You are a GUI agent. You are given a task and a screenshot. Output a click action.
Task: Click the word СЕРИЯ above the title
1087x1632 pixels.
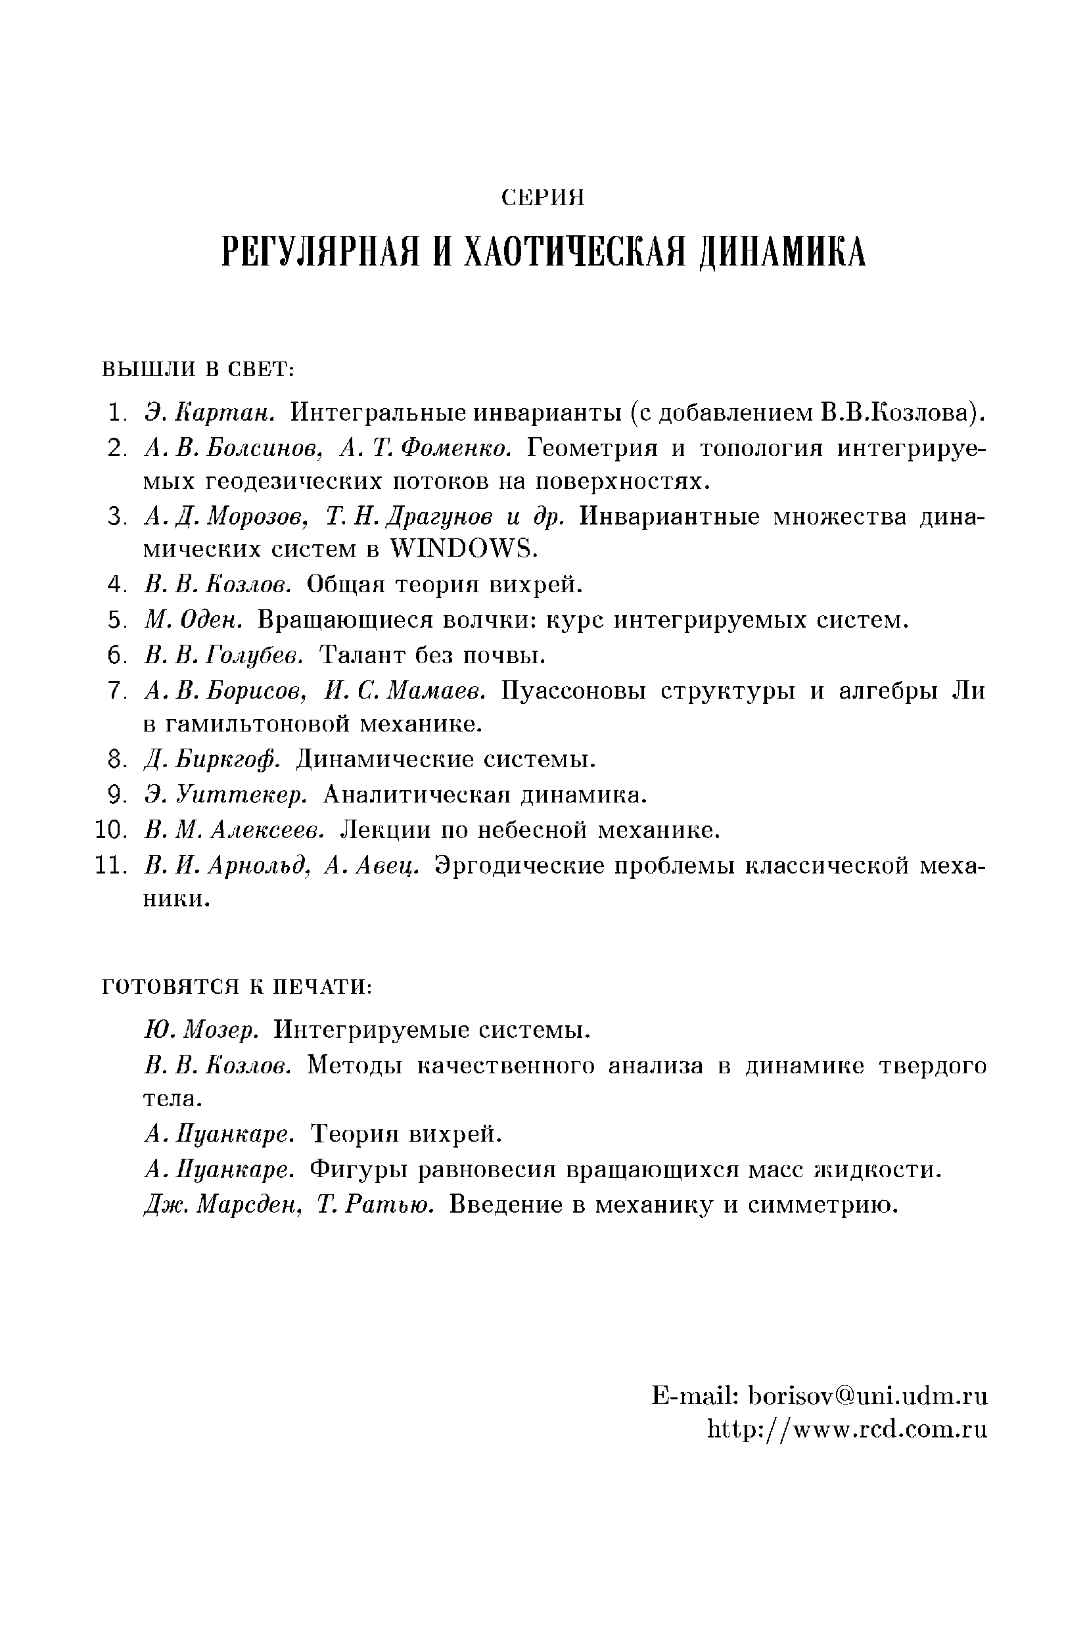pyautogui.click(x=543, y=198)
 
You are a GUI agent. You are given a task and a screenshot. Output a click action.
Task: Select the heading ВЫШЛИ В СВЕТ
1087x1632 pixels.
pyautogui.click(x=199, y=369)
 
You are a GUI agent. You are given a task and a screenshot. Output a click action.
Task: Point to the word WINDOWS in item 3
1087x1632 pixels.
pyautogui.click(x=463, y=549)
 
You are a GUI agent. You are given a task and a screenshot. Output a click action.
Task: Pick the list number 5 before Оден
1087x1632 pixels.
pyautogui.click(x=115, y=620)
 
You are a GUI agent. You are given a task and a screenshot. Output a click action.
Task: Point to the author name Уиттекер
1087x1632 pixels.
pyautogui.click(x=241, y=794)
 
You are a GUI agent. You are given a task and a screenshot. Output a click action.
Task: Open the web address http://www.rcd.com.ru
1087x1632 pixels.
pyautogui.click(x=847, y=1428)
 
